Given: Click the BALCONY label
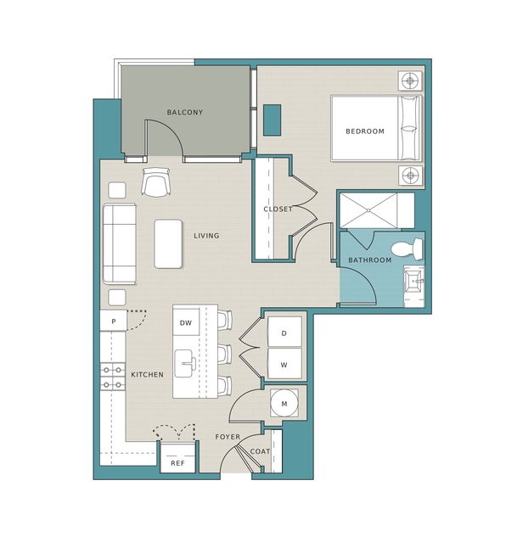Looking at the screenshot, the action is [x=185, y=112].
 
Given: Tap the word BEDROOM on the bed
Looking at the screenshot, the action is [x=365, y=131].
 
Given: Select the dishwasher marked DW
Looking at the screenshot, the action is [x=186, y=323].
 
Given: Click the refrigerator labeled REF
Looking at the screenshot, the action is [x=177, y=457].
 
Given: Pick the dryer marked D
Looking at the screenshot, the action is [x=284, y=332].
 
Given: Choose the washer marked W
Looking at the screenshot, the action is [x=284, y=363].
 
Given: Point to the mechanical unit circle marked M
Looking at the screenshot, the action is [x=284, y=404].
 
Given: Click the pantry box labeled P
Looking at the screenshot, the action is [x=114, y=321].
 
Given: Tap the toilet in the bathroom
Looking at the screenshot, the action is [x=407, y=249].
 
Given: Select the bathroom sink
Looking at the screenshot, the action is [x=414, y=281].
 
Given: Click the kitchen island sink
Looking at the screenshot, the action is [x=184, y=363].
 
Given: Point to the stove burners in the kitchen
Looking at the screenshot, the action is [x=113, y=377].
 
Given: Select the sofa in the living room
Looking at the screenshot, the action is [x=120, y=243].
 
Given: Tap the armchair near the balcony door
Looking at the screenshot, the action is [x=155, y=182].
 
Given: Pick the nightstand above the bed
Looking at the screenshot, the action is [x=410, y=81].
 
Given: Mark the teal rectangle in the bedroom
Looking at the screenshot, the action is [x=272, y=120].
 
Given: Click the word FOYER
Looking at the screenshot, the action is [x=228, y=437].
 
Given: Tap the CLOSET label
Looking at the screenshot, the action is [x=278, y=210].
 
